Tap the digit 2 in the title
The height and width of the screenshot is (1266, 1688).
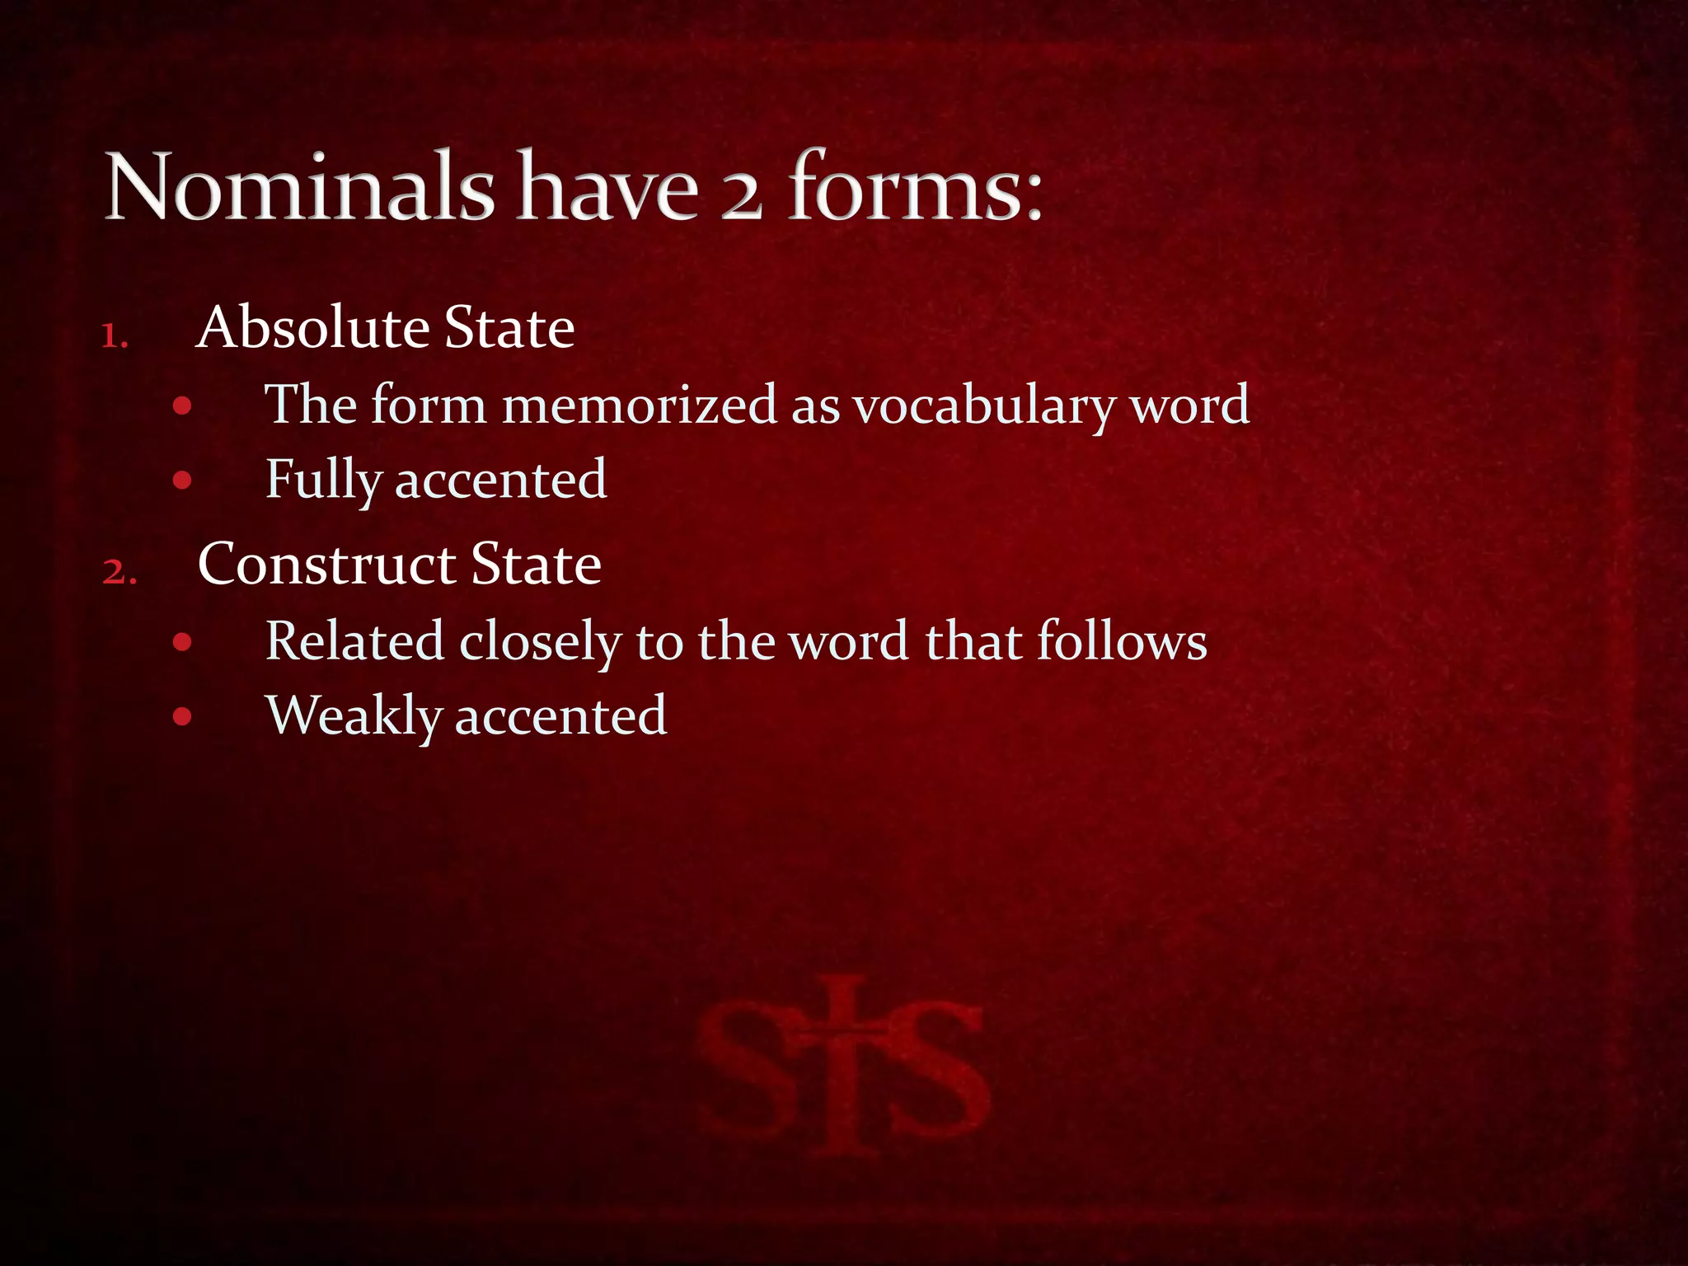(x=741, y=198)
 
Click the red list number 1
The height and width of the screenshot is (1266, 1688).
(x=115, y=336)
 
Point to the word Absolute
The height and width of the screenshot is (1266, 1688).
(x=313, y=327)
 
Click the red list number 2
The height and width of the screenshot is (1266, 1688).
(x=119, y=572)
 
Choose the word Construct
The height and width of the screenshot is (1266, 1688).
(x=326, y=565)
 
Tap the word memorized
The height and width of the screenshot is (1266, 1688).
(x=640, y=405)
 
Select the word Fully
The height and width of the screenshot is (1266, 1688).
(x=322, y=481)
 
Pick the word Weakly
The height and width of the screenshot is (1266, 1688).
(x=354, y=715)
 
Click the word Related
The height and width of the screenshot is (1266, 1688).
(x=354, y=640)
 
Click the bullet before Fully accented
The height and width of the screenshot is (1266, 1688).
(x=183, y=481)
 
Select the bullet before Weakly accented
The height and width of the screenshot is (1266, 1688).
(x=183, y=716)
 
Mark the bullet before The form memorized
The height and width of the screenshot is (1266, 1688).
(x=183, y=406)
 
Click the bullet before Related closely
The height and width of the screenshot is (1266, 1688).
(x=183, y=642)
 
